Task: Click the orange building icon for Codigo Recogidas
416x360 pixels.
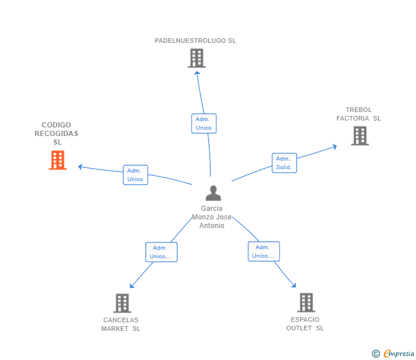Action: [x=57, y=161]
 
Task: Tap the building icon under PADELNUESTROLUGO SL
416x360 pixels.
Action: [x=196, y=58]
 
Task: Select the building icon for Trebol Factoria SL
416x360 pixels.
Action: [x=359, y=135]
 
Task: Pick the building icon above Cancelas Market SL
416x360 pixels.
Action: [x=122, y=303]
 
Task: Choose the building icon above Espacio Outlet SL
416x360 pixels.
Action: [x=306, y=302]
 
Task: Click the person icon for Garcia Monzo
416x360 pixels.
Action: [x=213, y=193]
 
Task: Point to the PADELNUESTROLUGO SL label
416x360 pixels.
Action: [x=195, y=41]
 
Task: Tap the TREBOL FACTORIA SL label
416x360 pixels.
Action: [x=358, y=114]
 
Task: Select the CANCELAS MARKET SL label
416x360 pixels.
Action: [x=121, y=324]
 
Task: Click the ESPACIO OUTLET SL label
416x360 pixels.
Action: [x=305, y=323]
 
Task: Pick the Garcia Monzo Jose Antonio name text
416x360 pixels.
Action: [x=212, y=217]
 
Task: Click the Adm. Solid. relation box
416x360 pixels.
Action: [x=284, y=163]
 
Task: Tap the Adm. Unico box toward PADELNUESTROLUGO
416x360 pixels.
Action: [x=203, y=123]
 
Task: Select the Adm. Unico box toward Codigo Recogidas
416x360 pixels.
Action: [x=135, y=175]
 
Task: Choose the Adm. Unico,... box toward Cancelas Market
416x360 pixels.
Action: [x=161, y=252]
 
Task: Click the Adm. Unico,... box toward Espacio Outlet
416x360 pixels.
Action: [x=263, y=251]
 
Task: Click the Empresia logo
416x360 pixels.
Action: [x=398, y=354]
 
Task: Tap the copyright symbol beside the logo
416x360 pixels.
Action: [x=375, y=354]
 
